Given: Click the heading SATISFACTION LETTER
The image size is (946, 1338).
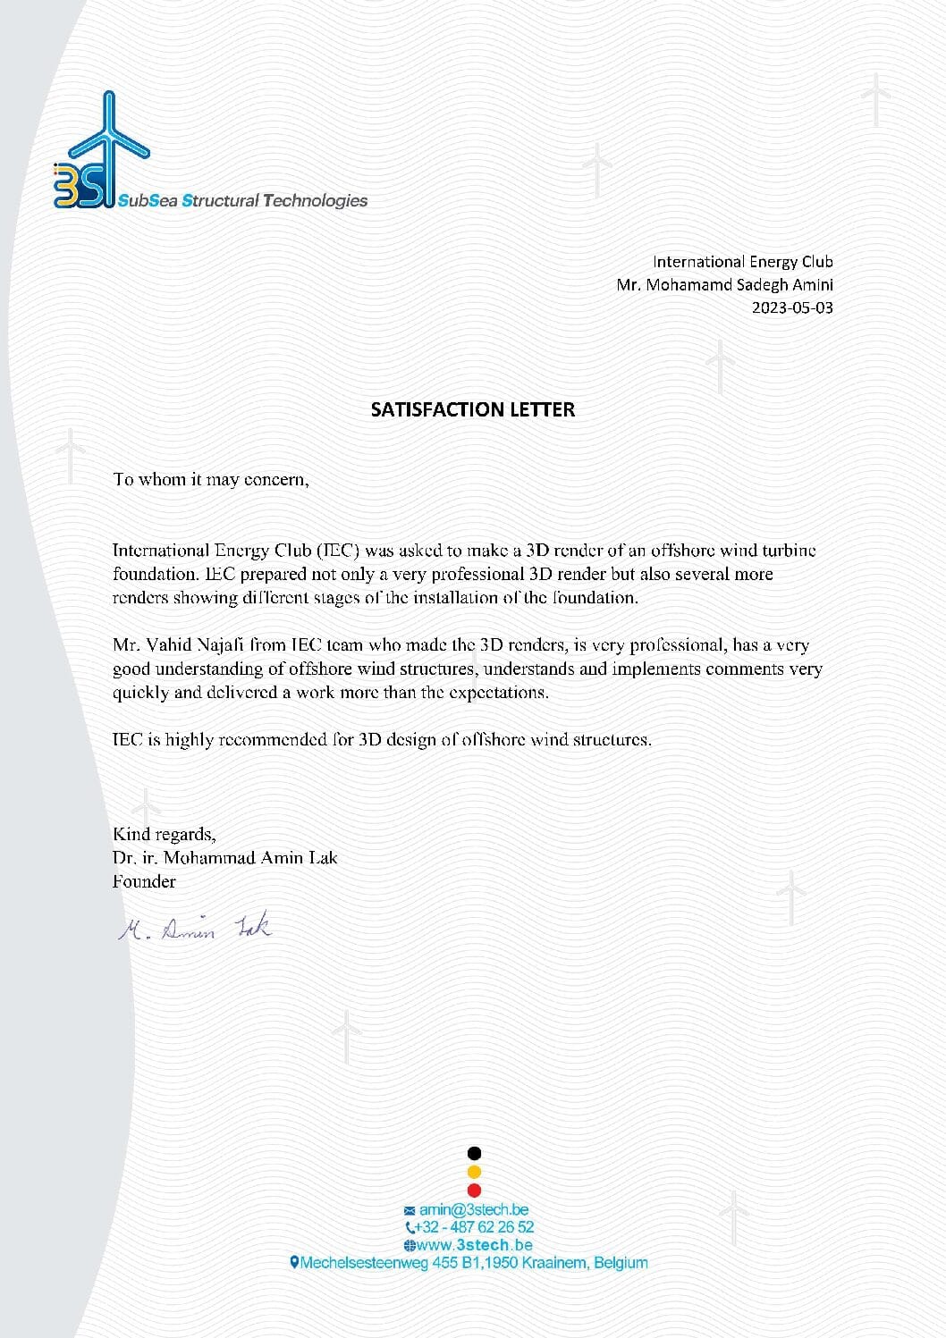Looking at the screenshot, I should tap(473, 409).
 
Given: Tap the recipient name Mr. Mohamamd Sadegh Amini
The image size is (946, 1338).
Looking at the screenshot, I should tap(724, 285).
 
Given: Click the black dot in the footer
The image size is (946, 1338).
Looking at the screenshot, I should tap(475, 1153).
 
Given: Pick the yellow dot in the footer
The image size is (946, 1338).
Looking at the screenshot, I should tap(475, 1172).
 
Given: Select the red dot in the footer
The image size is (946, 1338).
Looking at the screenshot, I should tap(475, 1191).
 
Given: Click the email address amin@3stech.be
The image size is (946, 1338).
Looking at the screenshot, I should tap(474, 1209).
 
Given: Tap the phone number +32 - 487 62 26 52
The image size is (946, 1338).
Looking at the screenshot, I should tap(474, 1227).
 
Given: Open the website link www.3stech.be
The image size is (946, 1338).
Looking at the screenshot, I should tap(474, 1245).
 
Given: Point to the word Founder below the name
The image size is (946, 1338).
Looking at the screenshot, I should tap(144, 881).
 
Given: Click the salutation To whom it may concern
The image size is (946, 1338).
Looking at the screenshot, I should tap(211, 480).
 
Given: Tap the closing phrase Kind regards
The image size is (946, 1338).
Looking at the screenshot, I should tap(164, 835).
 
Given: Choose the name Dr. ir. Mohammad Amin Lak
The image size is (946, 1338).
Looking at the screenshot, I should tap(225, 858).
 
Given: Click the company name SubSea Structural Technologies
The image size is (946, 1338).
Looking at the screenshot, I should tap(243, 201).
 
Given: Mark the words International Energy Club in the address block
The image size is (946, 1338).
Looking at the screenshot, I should tap(742, 262).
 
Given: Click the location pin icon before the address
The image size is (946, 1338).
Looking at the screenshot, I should tap(294, 1263).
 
